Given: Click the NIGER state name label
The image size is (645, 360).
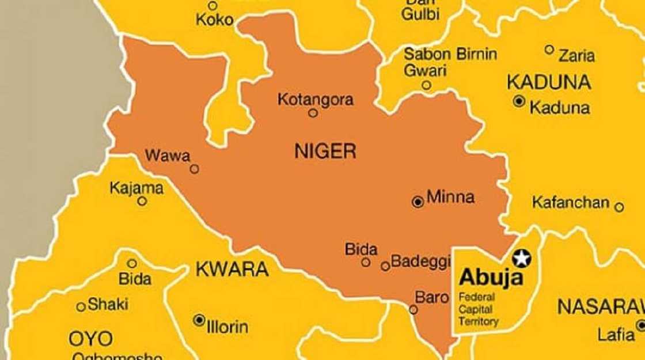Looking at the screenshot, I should tap(325, 151).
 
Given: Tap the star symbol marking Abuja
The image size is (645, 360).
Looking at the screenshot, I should tap(522, 259).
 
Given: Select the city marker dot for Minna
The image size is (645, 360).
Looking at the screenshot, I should tap(418, 202).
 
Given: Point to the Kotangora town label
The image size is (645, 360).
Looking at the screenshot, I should tap(315, 100).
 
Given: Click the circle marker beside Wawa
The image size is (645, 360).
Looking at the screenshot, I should tap(195, 169).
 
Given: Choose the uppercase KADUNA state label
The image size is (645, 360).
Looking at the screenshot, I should tap(548, 82).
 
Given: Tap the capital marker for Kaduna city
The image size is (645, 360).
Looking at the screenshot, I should tap(519, 101).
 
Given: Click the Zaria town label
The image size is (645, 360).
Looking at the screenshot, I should tap(576, 56).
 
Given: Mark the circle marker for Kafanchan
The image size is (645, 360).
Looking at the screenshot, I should tap(619, 207).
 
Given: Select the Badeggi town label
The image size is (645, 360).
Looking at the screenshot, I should tap(420, 262).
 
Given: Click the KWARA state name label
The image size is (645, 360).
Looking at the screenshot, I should tap(232, 269).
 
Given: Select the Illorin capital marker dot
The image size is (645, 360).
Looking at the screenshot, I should tap(199, 319).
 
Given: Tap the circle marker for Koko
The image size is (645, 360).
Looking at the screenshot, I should tap(213, 6).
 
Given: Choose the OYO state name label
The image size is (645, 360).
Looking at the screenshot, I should tap(91, 338).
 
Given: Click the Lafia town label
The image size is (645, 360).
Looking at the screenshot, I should tap(615, 334).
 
